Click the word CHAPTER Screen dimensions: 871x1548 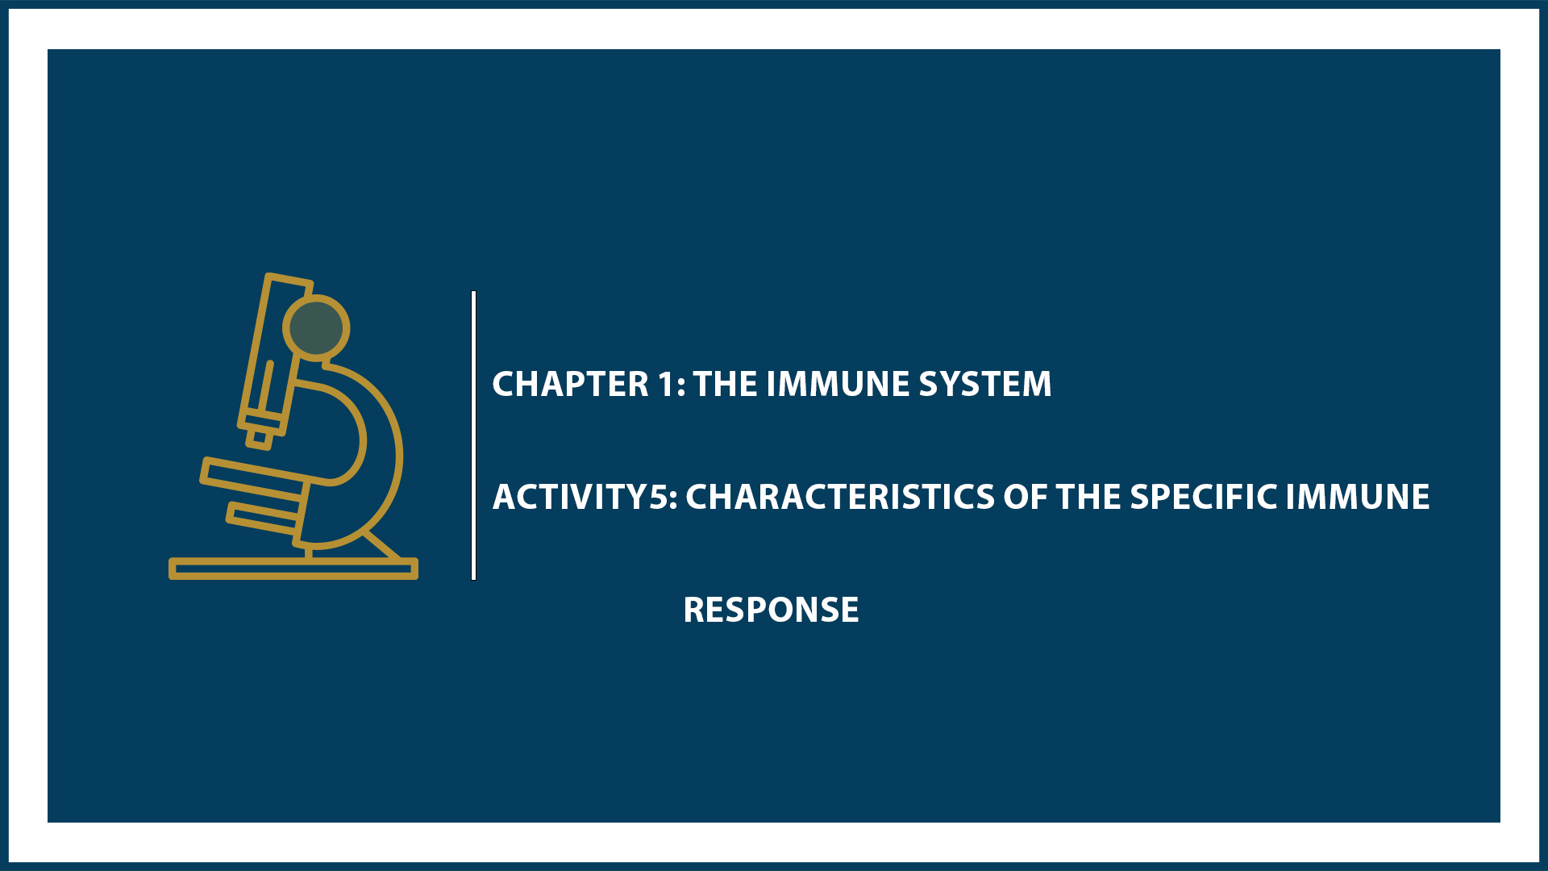tap(570, 384)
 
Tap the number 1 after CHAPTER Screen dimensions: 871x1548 tap(666, 384)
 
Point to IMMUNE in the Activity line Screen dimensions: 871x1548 tap(1357, 497)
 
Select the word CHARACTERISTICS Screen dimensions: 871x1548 tap(839, 497)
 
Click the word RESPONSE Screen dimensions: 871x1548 tap(771, 610)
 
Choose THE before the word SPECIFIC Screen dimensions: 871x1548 tap(1088, 497)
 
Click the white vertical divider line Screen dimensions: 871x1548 tap(473, 435)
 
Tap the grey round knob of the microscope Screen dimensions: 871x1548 tap(316, 327)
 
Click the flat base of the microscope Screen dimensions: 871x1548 tap(293, 569)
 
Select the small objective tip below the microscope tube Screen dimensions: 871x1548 tap(260, 438)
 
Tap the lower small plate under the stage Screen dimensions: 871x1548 tap(263, 518)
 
